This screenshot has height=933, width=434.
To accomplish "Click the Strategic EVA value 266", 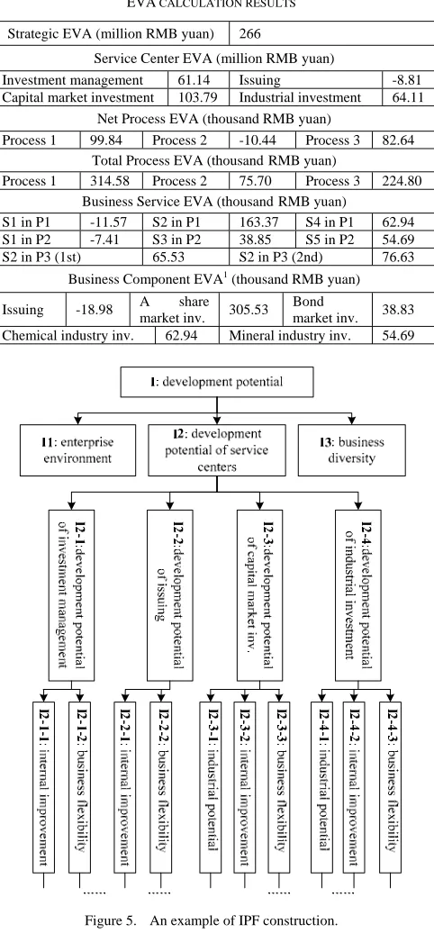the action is point(249,34).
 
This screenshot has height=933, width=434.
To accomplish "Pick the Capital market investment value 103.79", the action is point(193,97).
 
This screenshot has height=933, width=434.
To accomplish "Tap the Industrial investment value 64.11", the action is point(408,97).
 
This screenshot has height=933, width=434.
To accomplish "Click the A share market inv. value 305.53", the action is point(249,310).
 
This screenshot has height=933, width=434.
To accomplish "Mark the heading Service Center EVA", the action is point(214,59).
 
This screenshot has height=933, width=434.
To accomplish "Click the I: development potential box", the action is point(216,382).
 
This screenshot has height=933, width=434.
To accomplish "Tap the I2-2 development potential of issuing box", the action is point(170,595).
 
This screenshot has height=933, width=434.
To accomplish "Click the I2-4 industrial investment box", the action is point(358,595).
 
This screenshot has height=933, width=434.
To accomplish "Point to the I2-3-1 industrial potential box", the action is point(212,788).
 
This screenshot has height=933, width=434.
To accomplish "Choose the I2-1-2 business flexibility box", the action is point(81,788).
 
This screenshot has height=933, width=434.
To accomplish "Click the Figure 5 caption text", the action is point(211,921).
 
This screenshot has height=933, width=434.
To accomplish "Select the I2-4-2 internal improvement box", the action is point(355,788).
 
